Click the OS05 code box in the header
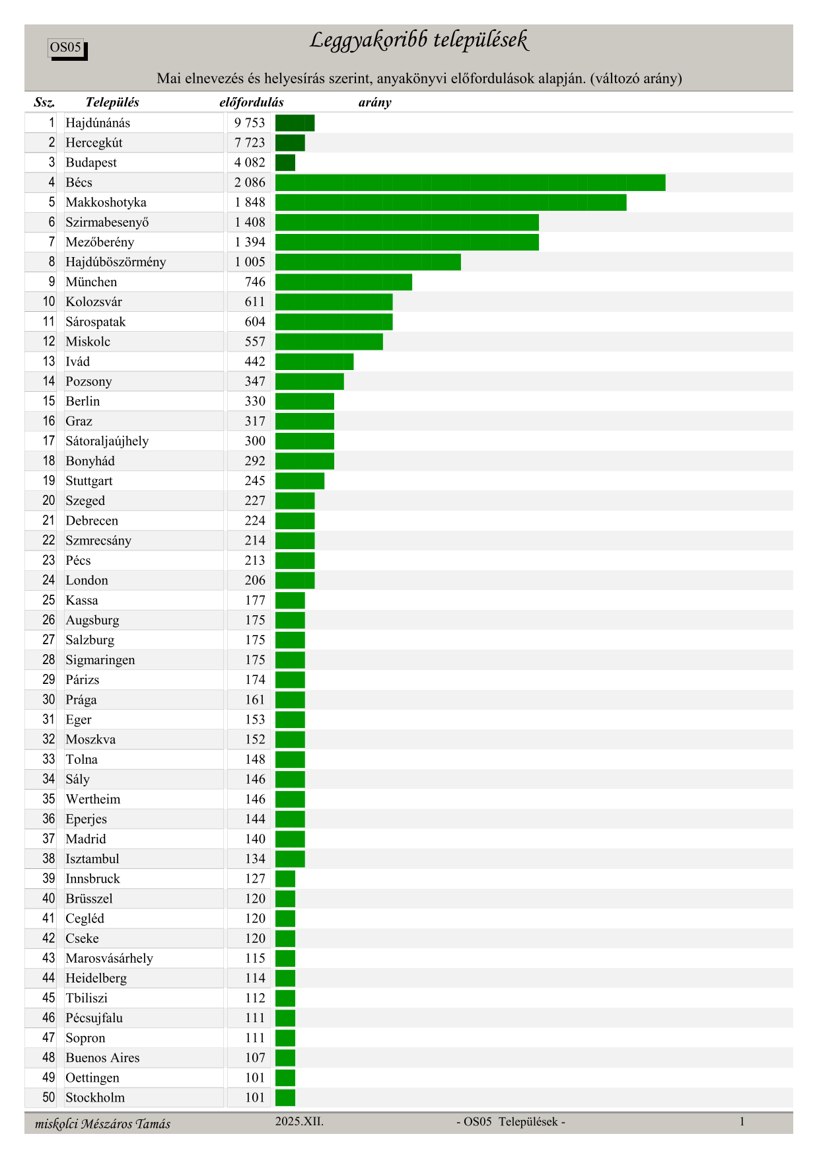click(67, 48)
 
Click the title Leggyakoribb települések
click(419, 41)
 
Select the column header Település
click(112, 102)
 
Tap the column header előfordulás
click(251, 102)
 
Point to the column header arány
click(374, 102)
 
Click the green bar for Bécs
click(470, 182)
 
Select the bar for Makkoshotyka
click(450, 202)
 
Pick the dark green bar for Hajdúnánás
click(295, 123)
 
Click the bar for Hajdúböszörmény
click(368, 262)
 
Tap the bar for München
click(343, 282)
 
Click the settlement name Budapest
click(91, 163)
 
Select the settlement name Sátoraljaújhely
click(107, 441)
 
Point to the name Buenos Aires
click(102, 1058)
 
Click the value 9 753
click(250, 123)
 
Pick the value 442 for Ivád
click(255, 361)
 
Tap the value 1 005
click(250, 262)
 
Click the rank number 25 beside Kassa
click(49, 600)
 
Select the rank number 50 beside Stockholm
click(49, 1098)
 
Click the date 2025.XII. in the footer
click(299, 1121)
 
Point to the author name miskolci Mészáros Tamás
click(102, 1124)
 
